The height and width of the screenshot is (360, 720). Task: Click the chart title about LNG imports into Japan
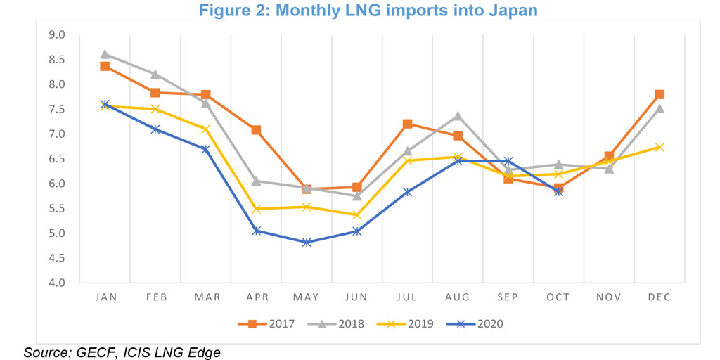click(359, 11)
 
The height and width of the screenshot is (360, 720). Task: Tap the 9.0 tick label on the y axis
click(56, 34)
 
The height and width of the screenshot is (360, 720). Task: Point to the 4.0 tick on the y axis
click(56, 283)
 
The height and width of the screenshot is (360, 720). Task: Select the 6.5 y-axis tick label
click(56, 159)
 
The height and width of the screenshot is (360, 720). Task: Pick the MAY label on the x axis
click(307, 297)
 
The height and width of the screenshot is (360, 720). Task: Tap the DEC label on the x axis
click(660, 297)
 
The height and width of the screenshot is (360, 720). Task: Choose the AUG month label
click(458, 297)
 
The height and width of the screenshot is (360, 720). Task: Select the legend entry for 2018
click(340, 324)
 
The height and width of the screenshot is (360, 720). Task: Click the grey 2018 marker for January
click(105, 54)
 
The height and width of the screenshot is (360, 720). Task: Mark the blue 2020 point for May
click(307, 243)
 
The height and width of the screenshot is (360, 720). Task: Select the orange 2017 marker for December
click(660, 94)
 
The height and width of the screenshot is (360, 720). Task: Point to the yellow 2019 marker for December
click(660, 147)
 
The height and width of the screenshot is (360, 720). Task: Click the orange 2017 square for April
click(256, 130)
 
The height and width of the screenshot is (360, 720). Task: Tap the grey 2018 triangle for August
click(458, 115)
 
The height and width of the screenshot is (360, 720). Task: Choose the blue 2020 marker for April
click(256, 231)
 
